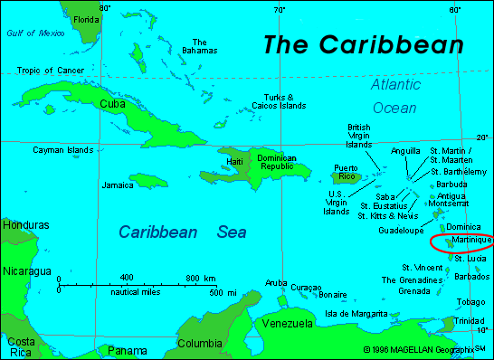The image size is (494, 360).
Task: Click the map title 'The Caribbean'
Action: pyautogui.click(x=364, y=45)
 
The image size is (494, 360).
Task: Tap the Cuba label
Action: pyautogui.click(x=111, y=104)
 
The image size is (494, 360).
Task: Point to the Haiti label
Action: pyautogui.click(x=234, y=161)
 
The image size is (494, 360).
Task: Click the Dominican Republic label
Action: pyautogui.click(x=276, y=161)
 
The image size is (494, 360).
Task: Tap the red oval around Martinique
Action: pyautogui.click(x=461, y=242)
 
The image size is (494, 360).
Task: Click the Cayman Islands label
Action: pyautogui.click(x=63, y=149)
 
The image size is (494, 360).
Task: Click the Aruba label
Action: pyautogui.click(x=276, y=283)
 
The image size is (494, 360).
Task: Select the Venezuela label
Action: pyautogui.click(x=287, y=323)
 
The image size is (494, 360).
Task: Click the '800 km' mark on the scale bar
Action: pyautogui.click(x=201, y=277)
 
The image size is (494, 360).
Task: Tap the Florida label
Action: pyautogui.click(x=87, y=19)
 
